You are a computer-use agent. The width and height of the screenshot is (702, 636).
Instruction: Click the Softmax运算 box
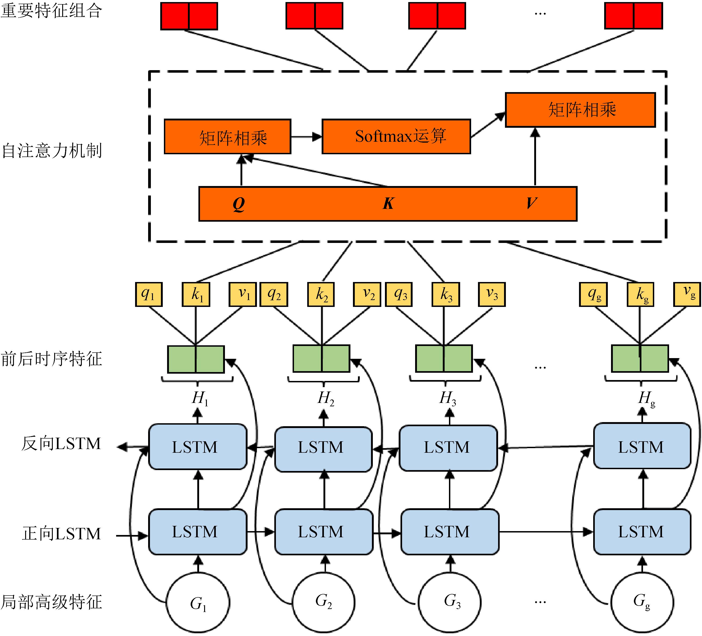(x=396, y=136)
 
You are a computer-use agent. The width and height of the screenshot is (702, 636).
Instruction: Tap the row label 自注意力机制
(x=51, y=151)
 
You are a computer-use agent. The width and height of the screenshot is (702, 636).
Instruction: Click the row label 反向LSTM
(x=61, y=444)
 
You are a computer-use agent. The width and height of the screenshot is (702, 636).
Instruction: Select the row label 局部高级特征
(x=51, y=602)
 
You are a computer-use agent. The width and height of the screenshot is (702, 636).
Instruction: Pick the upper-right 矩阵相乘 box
(x=580, y=110)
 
